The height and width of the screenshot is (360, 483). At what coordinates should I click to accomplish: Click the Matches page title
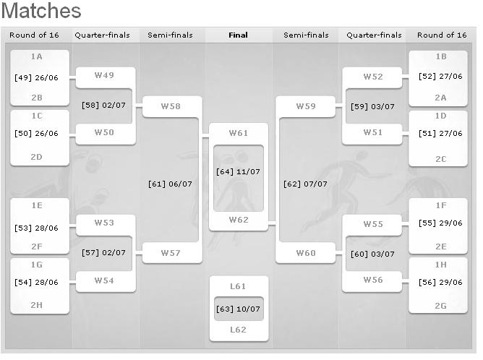tap(41, 12)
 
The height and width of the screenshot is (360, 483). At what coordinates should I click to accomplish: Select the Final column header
tap(238, 35)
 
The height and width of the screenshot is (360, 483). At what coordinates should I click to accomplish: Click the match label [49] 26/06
tap(36, 77)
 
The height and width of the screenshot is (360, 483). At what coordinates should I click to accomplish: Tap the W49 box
tap(104, 75)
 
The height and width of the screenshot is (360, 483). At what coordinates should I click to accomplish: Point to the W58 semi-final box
tap(171, 106)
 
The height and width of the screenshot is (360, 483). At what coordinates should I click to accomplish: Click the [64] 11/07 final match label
tap(238, 171)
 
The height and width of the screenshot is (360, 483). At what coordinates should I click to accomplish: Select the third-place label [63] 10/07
tap(238, 309)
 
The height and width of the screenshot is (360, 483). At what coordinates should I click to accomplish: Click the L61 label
tap(238, 287)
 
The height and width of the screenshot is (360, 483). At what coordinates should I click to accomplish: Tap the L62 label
tap(238, 330)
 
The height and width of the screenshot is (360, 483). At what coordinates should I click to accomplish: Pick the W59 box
tap(306, 106)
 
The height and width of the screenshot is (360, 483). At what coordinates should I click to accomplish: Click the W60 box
tap(306, 253)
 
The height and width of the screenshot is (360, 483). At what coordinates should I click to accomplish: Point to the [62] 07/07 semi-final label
tap(305, 184)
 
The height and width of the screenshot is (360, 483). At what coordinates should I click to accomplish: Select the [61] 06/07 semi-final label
tap(170, 184)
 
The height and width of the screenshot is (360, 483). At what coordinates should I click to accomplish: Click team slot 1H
tap(441, 265)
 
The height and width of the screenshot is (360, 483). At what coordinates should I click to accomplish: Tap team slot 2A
tap(441, 98)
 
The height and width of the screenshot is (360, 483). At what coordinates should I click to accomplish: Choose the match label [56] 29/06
tap(441, 283)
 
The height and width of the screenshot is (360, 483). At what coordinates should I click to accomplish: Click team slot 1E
tap(36, 205)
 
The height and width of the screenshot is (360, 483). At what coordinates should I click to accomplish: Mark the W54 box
tap(104, 280)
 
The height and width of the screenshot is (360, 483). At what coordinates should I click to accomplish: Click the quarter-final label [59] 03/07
tap(372, 106)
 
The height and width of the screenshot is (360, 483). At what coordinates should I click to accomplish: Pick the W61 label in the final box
tap(238, 133)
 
